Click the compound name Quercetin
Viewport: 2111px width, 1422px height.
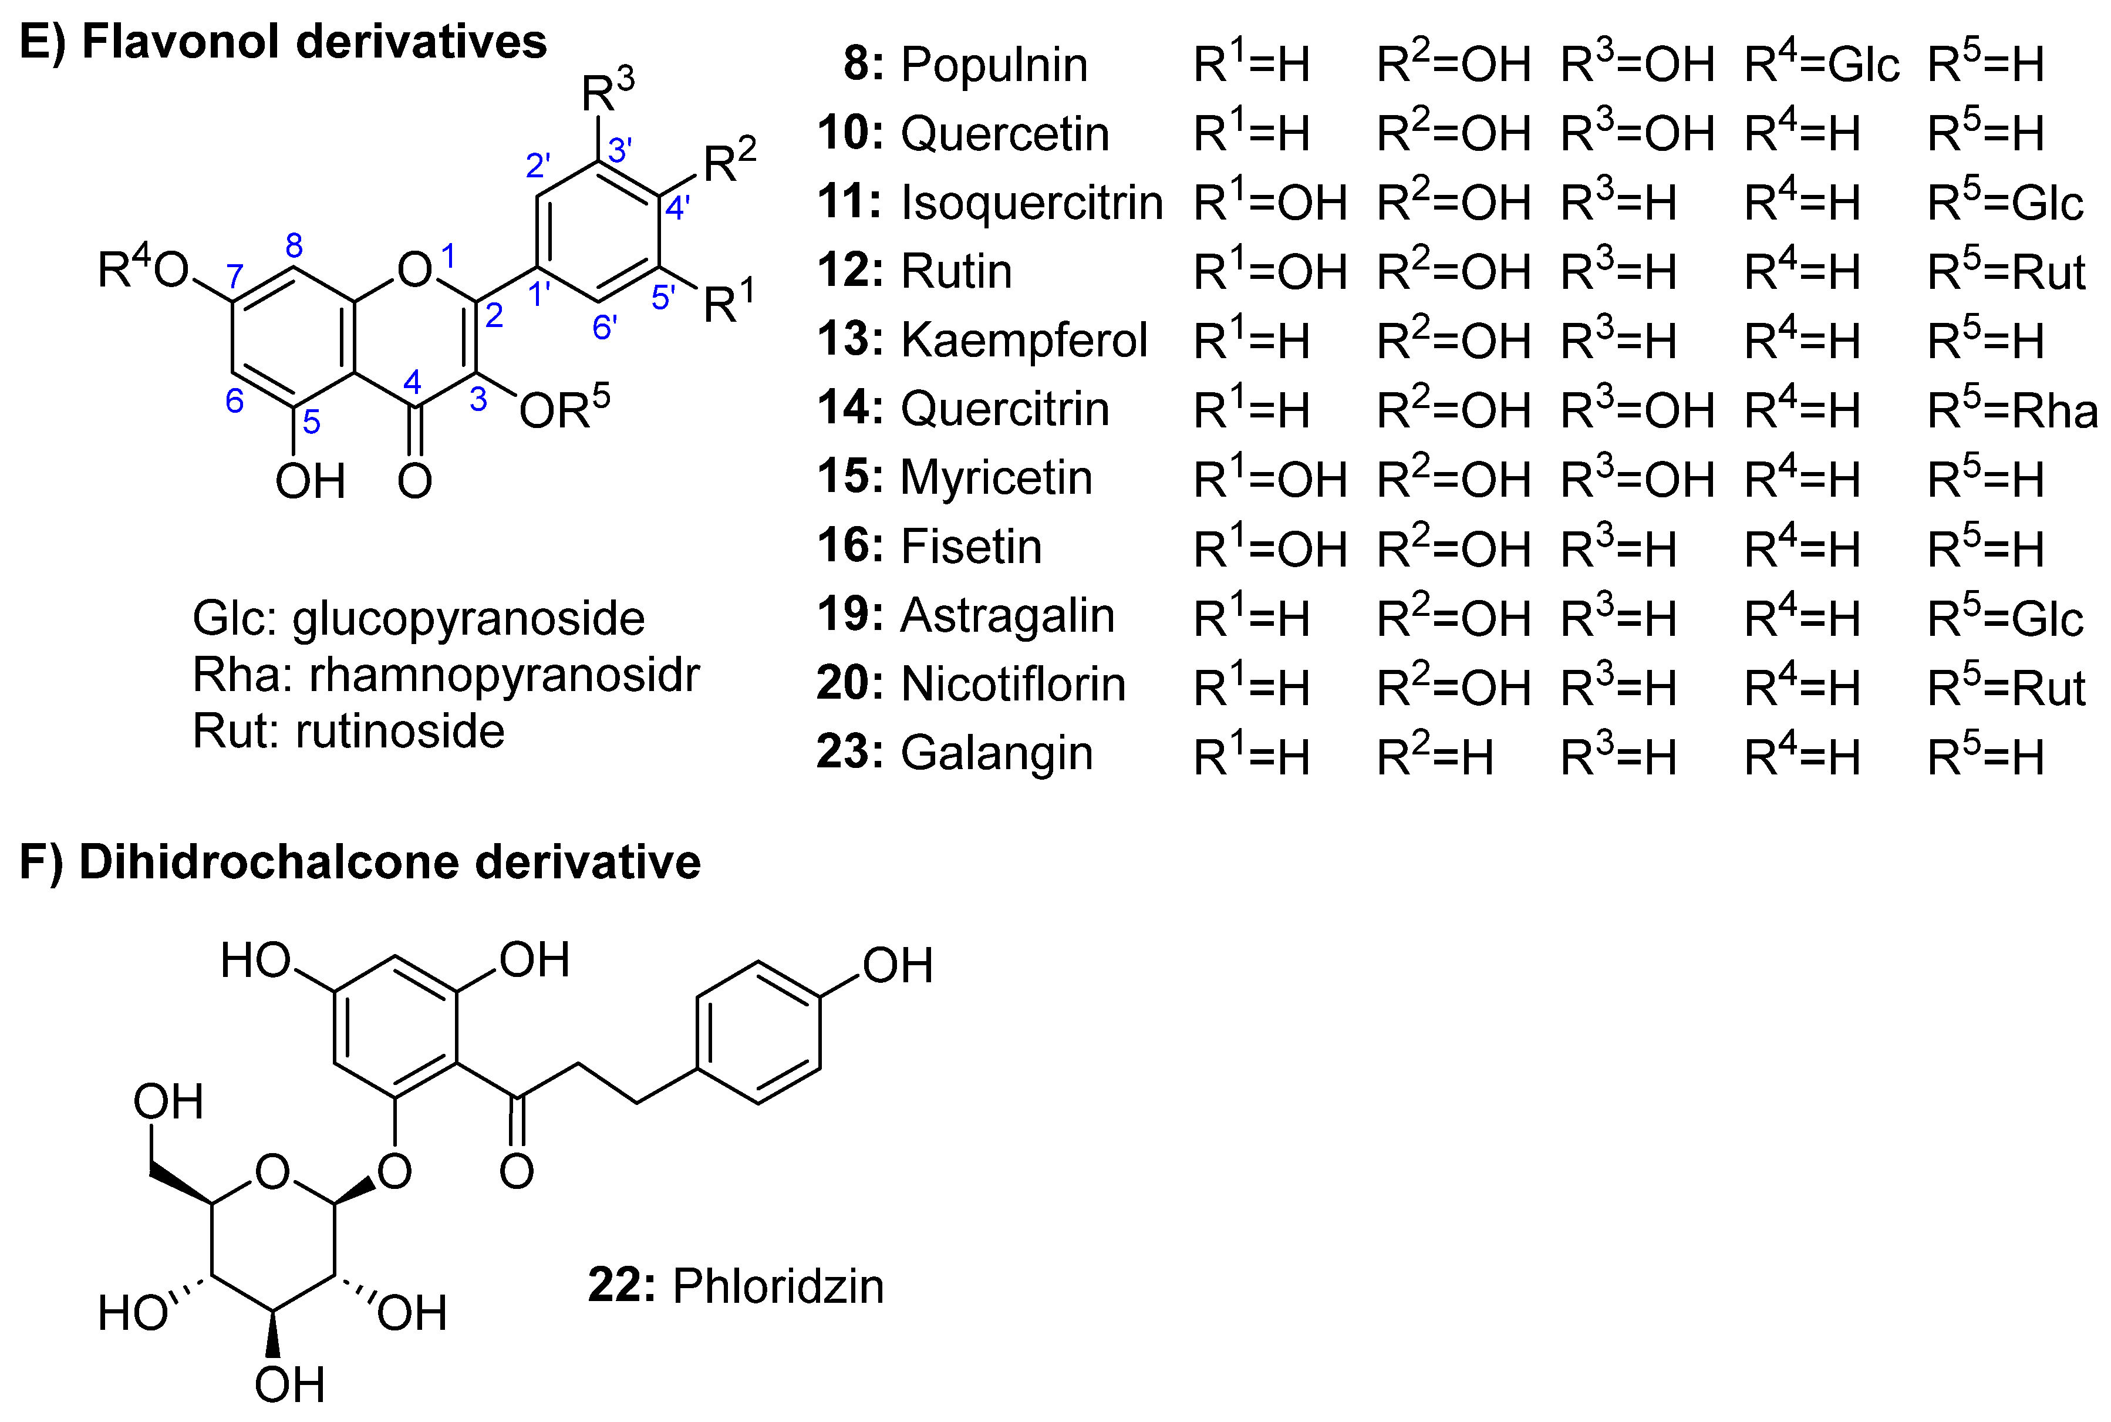(1004, 134)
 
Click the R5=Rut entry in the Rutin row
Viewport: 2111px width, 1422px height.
(2006, 272)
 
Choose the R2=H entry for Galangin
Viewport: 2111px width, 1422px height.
(1435, 756)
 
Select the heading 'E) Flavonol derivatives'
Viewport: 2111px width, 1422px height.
(283, 42)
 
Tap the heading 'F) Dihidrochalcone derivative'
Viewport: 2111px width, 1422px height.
(360, 861)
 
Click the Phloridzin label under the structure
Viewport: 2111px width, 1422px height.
(777, 1286)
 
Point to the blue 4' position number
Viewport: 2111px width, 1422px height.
(676, 208)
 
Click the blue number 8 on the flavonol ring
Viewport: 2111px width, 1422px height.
(294, 245)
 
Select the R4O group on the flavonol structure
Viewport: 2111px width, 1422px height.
(143, 268)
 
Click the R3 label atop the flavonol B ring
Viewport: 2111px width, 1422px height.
(608, 90)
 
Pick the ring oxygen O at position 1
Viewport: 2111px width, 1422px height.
(414, 269)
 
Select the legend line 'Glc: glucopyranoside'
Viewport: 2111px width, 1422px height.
(418, 618)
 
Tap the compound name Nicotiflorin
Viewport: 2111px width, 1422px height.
(1012, 685)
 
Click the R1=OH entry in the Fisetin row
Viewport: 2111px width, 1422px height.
(1270, 550)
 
